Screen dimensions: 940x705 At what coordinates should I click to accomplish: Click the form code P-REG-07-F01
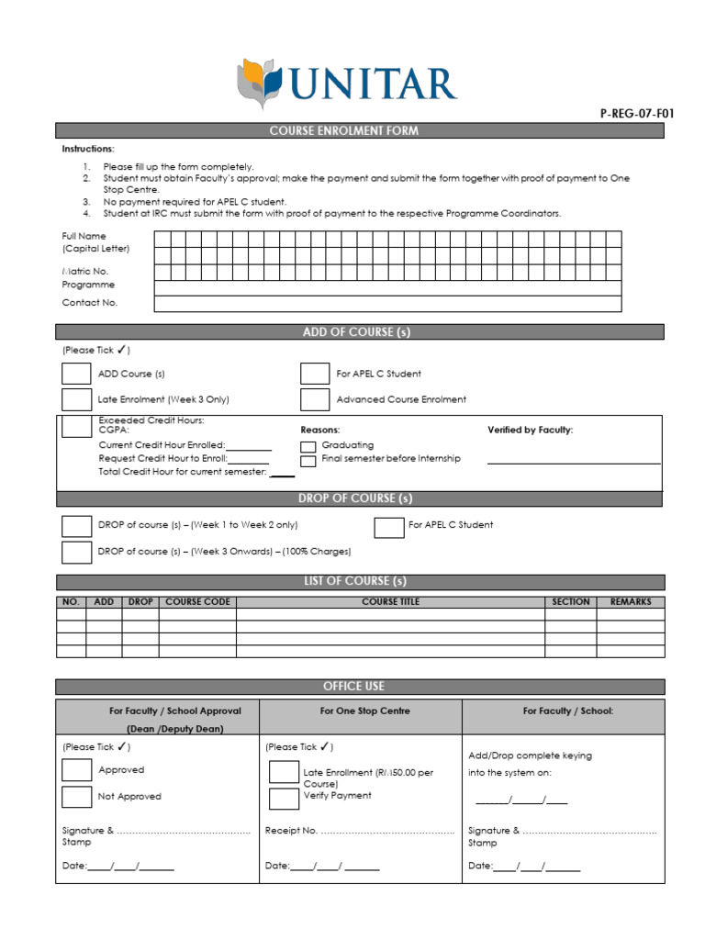click(x=636, y=114)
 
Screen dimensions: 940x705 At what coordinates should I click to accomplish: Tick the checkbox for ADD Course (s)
click(x=76, y=374)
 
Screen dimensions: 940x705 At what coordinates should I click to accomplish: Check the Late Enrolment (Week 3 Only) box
click(x=76, y=399)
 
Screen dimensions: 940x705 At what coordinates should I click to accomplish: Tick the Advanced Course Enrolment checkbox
click(x=315, y=399)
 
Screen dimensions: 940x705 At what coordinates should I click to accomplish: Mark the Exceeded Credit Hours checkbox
click(x=76, y=427)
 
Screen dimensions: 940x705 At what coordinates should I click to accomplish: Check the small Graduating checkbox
click(x=308, y=446)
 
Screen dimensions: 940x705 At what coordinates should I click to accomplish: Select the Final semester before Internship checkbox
click(x=308, y=460)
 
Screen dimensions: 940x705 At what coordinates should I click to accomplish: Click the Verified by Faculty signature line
click(x=573, y=463)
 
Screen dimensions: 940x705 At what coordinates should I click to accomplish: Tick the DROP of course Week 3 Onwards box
click(x=76, y=552)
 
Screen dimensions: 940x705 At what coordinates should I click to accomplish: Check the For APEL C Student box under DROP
click(x=389, y=527)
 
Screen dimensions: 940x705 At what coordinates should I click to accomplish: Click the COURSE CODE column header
click(x=197, y=602)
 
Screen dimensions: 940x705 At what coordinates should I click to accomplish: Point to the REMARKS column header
click(x=630, y=602)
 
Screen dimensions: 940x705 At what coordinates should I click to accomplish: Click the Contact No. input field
click(x=387, y=304)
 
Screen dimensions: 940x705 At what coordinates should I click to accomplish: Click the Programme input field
click(x=387, y=288)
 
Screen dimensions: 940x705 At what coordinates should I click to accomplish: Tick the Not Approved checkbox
click(x=76, y=797)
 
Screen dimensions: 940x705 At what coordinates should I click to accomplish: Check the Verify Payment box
click(x=284, y=798)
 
